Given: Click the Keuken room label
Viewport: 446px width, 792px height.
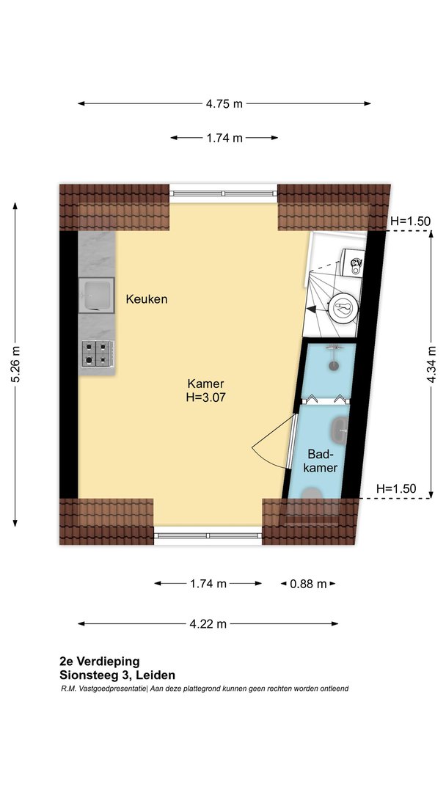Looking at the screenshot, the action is [147, 299].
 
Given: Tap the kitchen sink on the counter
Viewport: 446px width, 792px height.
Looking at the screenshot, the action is [97, 296].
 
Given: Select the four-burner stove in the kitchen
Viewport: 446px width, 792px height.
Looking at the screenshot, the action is [97, 353].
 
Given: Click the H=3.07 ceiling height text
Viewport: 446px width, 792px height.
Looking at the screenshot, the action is [205, 397].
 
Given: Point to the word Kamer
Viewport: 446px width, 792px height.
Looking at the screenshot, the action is [205, 384].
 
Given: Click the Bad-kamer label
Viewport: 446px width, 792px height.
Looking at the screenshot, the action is [322, 460].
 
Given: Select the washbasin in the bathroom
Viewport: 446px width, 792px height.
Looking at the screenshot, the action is [340, 430].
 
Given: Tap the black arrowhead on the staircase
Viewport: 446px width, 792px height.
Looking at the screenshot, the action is [312, 309].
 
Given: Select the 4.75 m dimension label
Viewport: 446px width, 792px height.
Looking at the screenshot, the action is [224, 104].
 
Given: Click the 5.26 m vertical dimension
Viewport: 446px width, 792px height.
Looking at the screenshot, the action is [15, 364].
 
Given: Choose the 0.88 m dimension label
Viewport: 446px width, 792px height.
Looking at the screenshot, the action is [308, 584].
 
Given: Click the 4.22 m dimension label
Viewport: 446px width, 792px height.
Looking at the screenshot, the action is [208, 624].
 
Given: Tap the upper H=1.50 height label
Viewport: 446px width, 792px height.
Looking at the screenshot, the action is [410, 221].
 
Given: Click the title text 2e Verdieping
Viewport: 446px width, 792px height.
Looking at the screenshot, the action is [100, 661].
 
